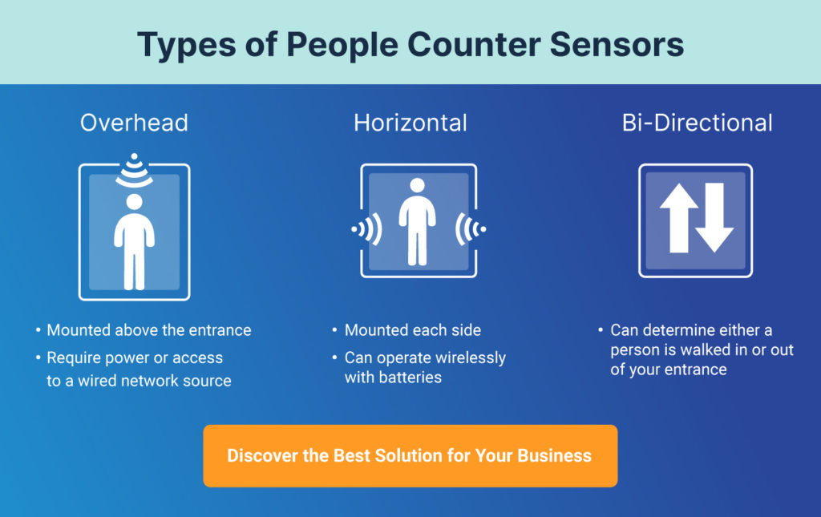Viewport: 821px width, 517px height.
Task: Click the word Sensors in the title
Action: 617,44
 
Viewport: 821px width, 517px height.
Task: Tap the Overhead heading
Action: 134,123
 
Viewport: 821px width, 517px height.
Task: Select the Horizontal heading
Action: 410,123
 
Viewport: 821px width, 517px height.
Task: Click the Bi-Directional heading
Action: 697,123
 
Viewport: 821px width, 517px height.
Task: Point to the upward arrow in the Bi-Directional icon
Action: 679,218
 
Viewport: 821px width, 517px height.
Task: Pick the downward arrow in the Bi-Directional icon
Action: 714,218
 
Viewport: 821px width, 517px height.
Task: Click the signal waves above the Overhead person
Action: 135,171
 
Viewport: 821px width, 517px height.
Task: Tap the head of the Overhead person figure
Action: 135,201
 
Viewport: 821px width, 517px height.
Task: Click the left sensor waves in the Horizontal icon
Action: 367,229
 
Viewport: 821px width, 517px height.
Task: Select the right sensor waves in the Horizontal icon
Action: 470,229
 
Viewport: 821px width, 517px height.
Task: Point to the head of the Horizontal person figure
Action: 417,185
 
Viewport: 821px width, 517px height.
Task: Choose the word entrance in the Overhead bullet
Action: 220,330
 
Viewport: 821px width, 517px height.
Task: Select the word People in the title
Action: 342,45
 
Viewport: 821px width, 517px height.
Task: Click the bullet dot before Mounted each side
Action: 334,329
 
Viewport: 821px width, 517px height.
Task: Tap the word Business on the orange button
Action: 555,456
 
